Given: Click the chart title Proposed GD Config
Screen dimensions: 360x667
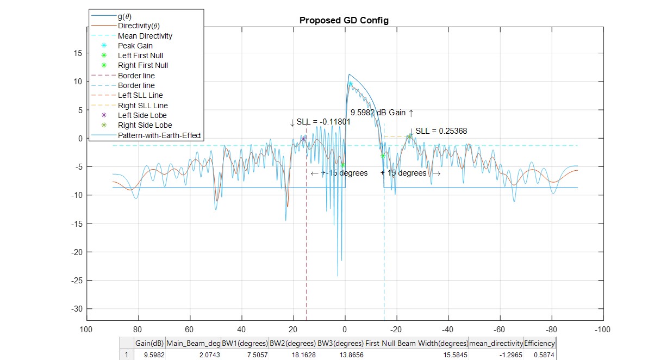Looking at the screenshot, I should (344, 20).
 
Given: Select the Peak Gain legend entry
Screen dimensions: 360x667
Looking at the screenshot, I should (135, 46).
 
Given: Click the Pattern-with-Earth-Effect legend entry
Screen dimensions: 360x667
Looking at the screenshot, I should (160, 135).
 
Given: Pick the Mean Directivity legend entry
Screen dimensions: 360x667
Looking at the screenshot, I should (145, 36).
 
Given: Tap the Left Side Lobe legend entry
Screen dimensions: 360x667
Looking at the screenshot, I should (142, 115).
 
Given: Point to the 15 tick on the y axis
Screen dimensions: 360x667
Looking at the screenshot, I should (78, 53).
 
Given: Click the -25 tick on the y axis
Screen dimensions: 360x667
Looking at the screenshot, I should (77, 280).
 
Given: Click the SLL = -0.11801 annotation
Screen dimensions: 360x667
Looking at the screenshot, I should (320, 122).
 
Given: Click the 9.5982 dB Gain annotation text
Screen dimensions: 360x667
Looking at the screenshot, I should (382, 113).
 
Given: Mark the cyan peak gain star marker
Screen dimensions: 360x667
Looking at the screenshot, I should (351, 84).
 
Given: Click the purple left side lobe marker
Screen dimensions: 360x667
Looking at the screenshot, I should (303, 139).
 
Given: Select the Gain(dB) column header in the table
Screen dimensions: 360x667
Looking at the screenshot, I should (149, 344).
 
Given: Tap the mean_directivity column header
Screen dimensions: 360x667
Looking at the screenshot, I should (496, 344).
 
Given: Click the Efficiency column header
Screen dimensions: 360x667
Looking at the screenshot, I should (540, 344).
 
